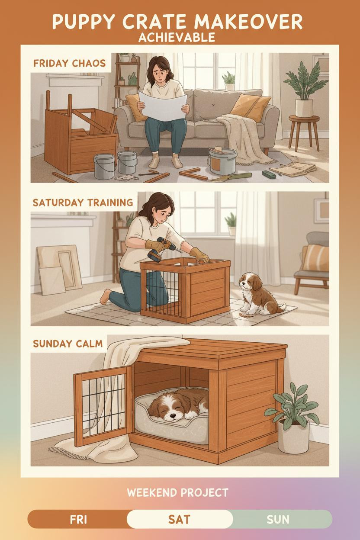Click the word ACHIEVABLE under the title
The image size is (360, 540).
pyautogui.click(x=177, y=37)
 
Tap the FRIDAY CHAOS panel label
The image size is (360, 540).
pyautogui.click(x=70, y=64)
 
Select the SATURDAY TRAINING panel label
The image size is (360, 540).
pyautogui.click(x=83, y=202)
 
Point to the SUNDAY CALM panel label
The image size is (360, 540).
pyautogui.click(x=68, y=344)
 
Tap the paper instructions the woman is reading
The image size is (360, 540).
pyautogui.click(x=163, y=106)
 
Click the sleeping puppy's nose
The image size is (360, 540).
pyautogui.click(x=172, y=416)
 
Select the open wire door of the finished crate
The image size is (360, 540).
pyautogui.click(x=103, y=407)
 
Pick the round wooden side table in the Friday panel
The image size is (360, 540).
pyautogui.click(x=304, y=133)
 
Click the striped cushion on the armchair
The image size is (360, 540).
pyautogui.click(x=315, y=258)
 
